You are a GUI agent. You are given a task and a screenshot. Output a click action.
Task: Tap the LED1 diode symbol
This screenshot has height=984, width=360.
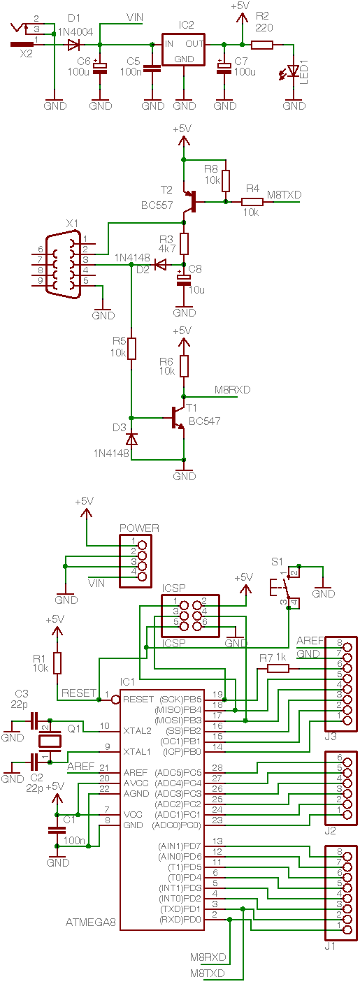[293, 71]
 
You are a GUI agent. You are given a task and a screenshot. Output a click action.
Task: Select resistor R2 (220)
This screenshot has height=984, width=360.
[262, 44]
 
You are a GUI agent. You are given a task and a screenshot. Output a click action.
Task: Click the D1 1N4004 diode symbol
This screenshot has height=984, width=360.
[73, 44]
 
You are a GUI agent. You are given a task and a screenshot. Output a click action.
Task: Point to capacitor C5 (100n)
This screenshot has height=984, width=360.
[152, 68]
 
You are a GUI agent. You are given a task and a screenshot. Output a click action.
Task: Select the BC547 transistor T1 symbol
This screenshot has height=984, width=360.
[177, 418]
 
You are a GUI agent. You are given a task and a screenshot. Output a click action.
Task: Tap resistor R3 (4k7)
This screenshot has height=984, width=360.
[184, 244]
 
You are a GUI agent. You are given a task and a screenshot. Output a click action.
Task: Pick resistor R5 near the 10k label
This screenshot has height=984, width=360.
[131, 348]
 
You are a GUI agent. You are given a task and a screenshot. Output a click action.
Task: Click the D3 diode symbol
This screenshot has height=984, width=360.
[131, 439]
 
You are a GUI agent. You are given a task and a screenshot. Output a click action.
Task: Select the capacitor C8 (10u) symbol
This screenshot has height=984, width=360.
[184, 280]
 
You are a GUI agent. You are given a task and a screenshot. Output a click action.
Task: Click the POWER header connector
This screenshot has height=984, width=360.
[136, 560]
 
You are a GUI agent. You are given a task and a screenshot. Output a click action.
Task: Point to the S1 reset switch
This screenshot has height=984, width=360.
[285, 588]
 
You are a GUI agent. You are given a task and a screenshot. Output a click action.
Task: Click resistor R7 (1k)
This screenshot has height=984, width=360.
[278, 668]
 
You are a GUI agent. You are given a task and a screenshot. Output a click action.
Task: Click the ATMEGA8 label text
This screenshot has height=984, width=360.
[91, 922]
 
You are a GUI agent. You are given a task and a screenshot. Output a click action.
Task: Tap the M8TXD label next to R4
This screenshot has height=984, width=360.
[284, 194]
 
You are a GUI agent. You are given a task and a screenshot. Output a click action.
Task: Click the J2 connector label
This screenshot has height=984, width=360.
[330, 830]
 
